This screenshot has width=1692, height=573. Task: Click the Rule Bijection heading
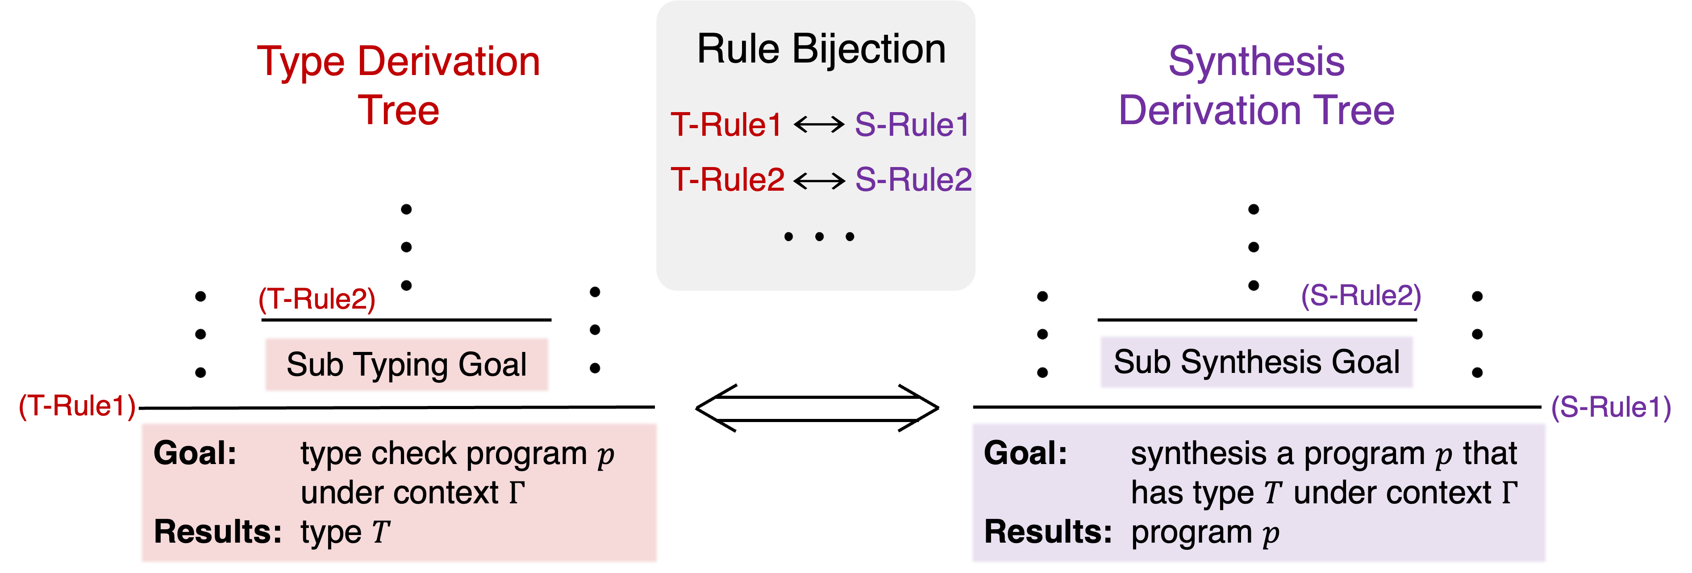[821, 49]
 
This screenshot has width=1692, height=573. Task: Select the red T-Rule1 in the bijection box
[726, 125]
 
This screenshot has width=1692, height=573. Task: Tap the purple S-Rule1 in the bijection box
[912, 125]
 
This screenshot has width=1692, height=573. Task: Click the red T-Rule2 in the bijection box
[727, 180]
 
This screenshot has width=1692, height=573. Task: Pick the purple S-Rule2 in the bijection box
[913, 180]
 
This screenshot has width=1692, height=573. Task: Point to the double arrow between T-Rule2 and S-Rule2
[819, 180]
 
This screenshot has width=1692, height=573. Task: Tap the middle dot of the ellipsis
[819, 237]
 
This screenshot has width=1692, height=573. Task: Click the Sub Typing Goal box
[407, 365]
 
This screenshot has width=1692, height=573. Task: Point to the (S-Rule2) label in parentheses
[1361, 296]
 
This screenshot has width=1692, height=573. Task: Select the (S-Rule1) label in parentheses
[1611, 407]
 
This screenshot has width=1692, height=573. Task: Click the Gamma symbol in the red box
[517, 492]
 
